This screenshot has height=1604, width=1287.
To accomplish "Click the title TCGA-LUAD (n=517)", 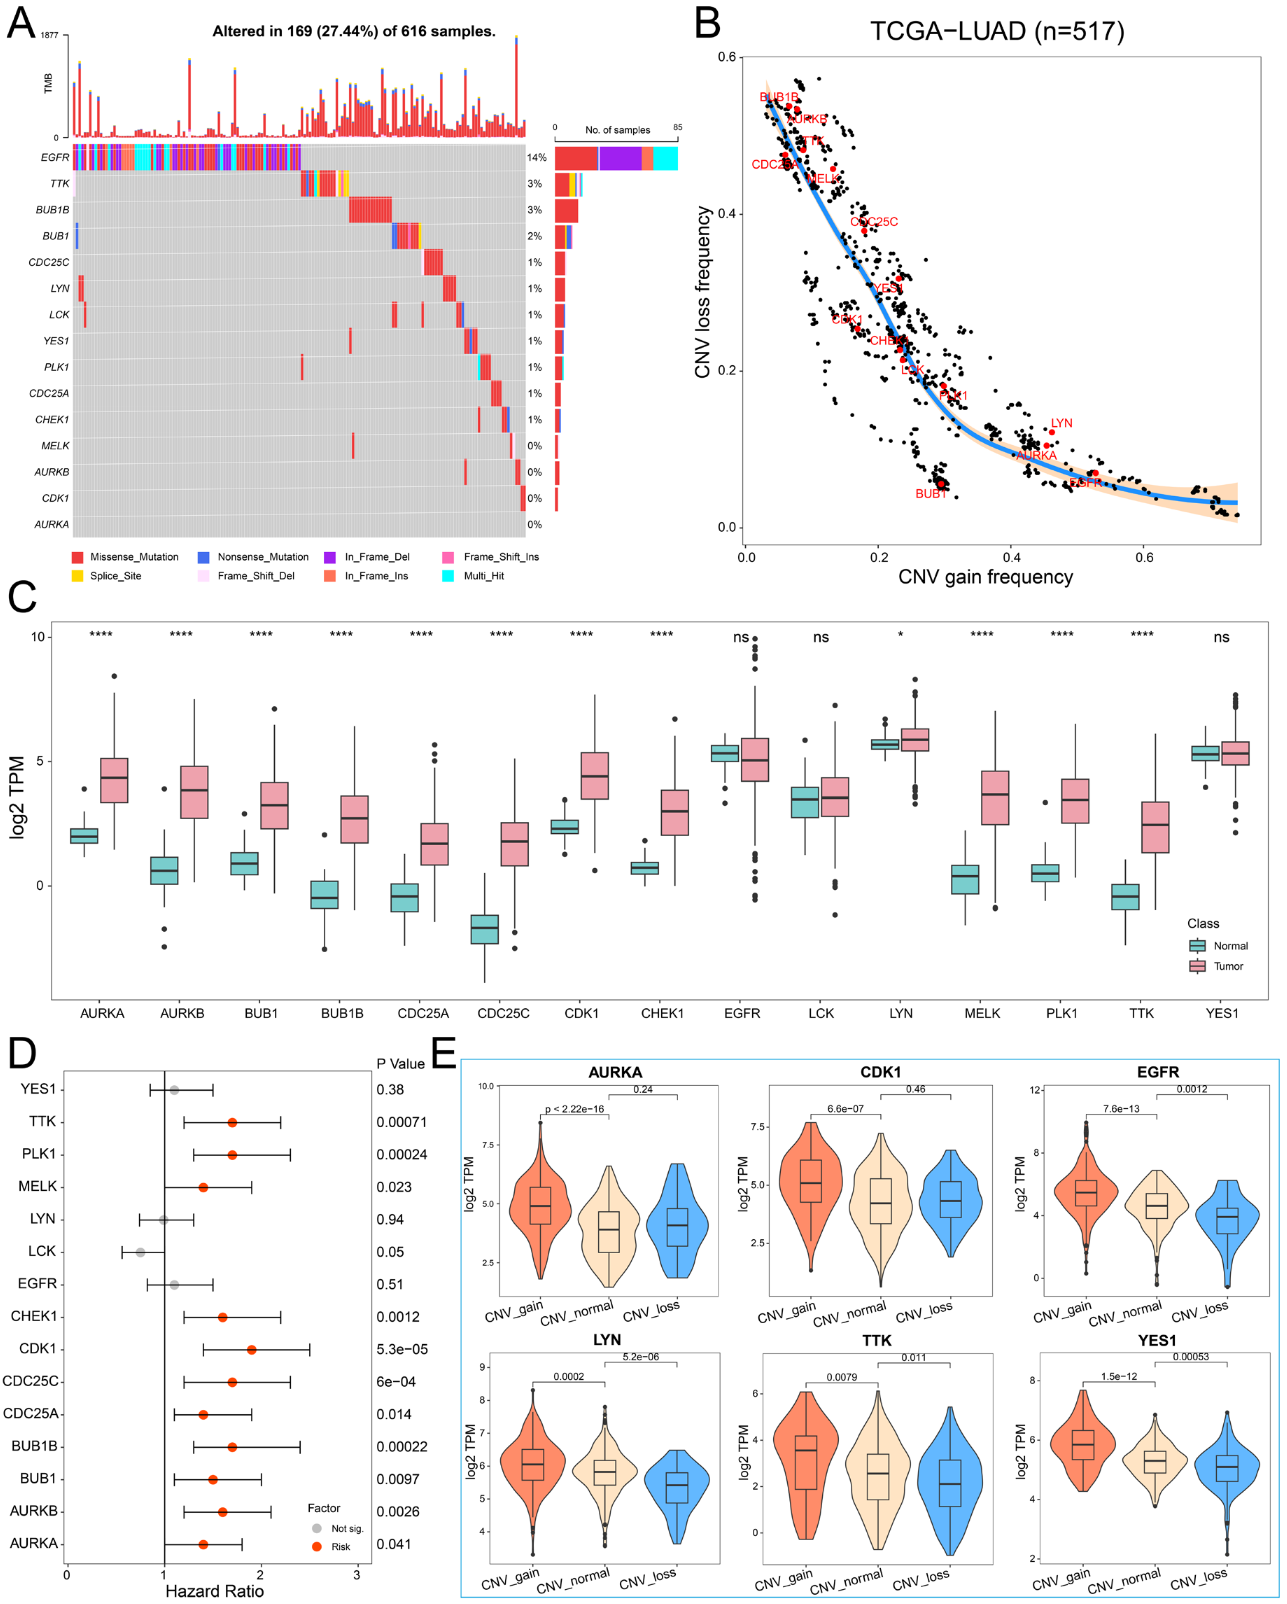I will pyautogui.click(x=997, y=31).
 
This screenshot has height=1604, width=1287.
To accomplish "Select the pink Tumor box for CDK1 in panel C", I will pyautogui.click(x=595, y=776).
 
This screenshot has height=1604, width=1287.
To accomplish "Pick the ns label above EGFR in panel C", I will pyautogui.click(x=741, y=637).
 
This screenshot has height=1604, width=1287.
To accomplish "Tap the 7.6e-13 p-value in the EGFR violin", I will pyautogui.click(x=1121, y=1108).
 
